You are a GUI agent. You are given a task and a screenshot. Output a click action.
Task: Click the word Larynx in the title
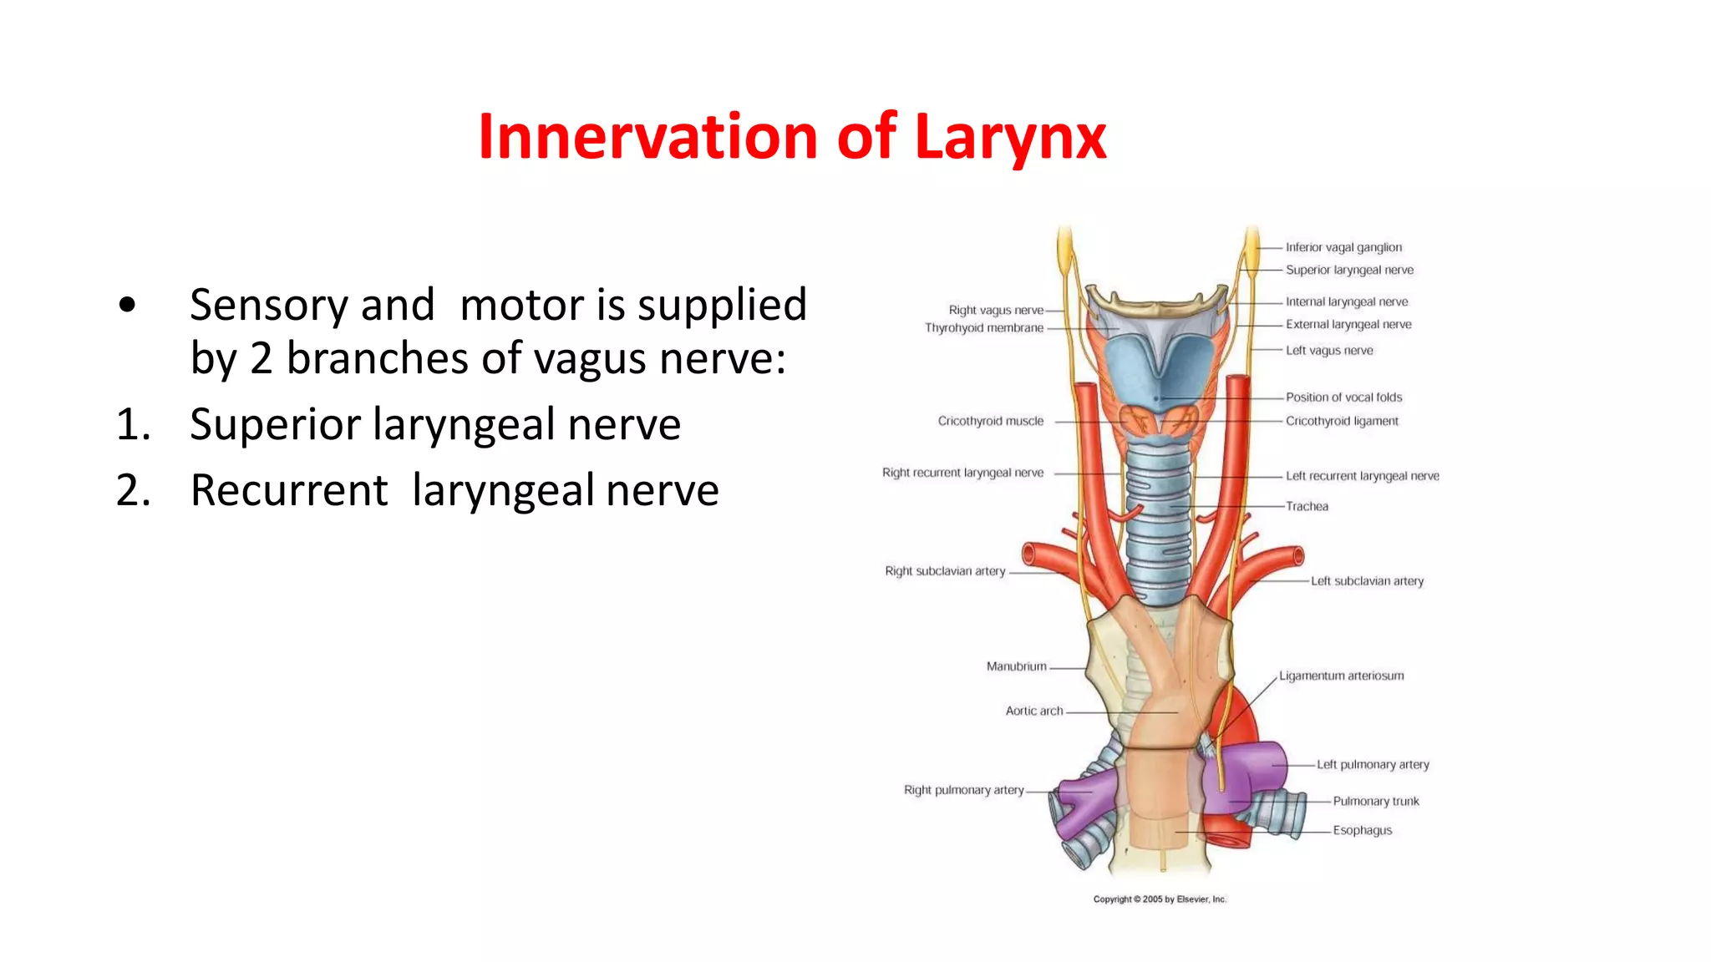click(x=1010, y=138)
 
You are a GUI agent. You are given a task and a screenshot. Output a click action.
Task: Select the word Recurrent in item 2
click(x=289, y=490)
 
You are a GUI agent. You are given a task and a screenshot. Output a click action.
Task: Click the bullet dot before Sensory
click(x=127, y=305)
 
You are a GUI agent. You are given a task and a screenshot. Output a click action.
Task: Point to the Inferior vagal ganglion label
click(x=1343, y=247)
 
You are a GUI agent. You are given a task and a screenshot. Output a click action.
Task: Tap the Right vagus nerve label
click(x=996, y=310)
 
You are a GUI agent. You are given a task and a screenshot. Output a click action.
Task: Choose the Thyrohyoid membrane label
click(x=983, y=328)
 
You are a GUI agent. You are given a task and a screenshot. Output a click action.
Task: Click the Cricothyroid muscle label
click(x=990, y=421)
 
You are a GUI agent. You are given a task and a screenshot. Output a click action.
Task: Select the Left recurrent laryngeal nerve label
click(x=1362, y=476)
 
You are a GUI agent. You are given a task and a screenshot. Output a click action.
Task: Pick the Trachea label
click(x=1307, y=506)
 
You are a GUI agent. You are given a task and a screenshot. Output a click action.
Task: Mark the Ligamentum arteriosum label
click(x=1341, y=676)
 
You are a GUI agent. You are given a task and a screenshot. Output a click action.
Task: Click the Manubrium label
click(x=1016, y=666)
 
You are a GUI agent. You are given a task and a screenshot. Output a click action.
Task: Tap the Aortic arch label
click(x=1034, y=711)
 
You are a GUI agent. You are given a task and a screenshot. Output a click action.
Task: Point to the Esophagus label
click(x=1362, y=830)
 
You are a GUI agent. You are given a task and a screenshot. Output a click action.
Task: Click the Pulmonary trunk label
click(x=1375, y=801)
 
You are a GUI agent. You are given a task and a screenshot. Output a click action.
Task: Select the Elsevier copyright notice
click(x=1160, y=899)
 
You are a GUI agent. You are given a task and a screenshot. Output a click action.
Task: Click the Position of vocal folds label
click(x=1343, y=397)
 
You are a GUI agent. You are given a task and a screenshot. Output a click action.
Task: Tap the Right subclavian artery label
click(x=945, y=571)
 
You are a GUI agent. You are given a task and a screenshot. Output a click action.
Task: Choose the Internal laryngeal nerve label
click(x=1346, y=301)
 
